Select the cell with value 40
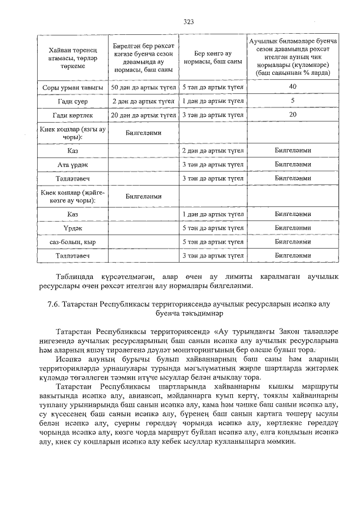pos(292,87)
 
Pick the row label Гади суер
pos(73,101)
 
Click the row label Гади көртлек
pos(73,115)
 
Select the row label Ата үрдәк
pos(73,165)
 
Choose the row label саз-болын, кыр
pos(73,242)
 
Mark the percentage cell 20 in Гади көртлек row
pos(292,115)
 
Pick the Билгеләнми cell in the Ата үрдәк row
pos(292,165)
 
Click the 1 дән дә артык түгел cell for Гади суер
pos(213,101)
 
